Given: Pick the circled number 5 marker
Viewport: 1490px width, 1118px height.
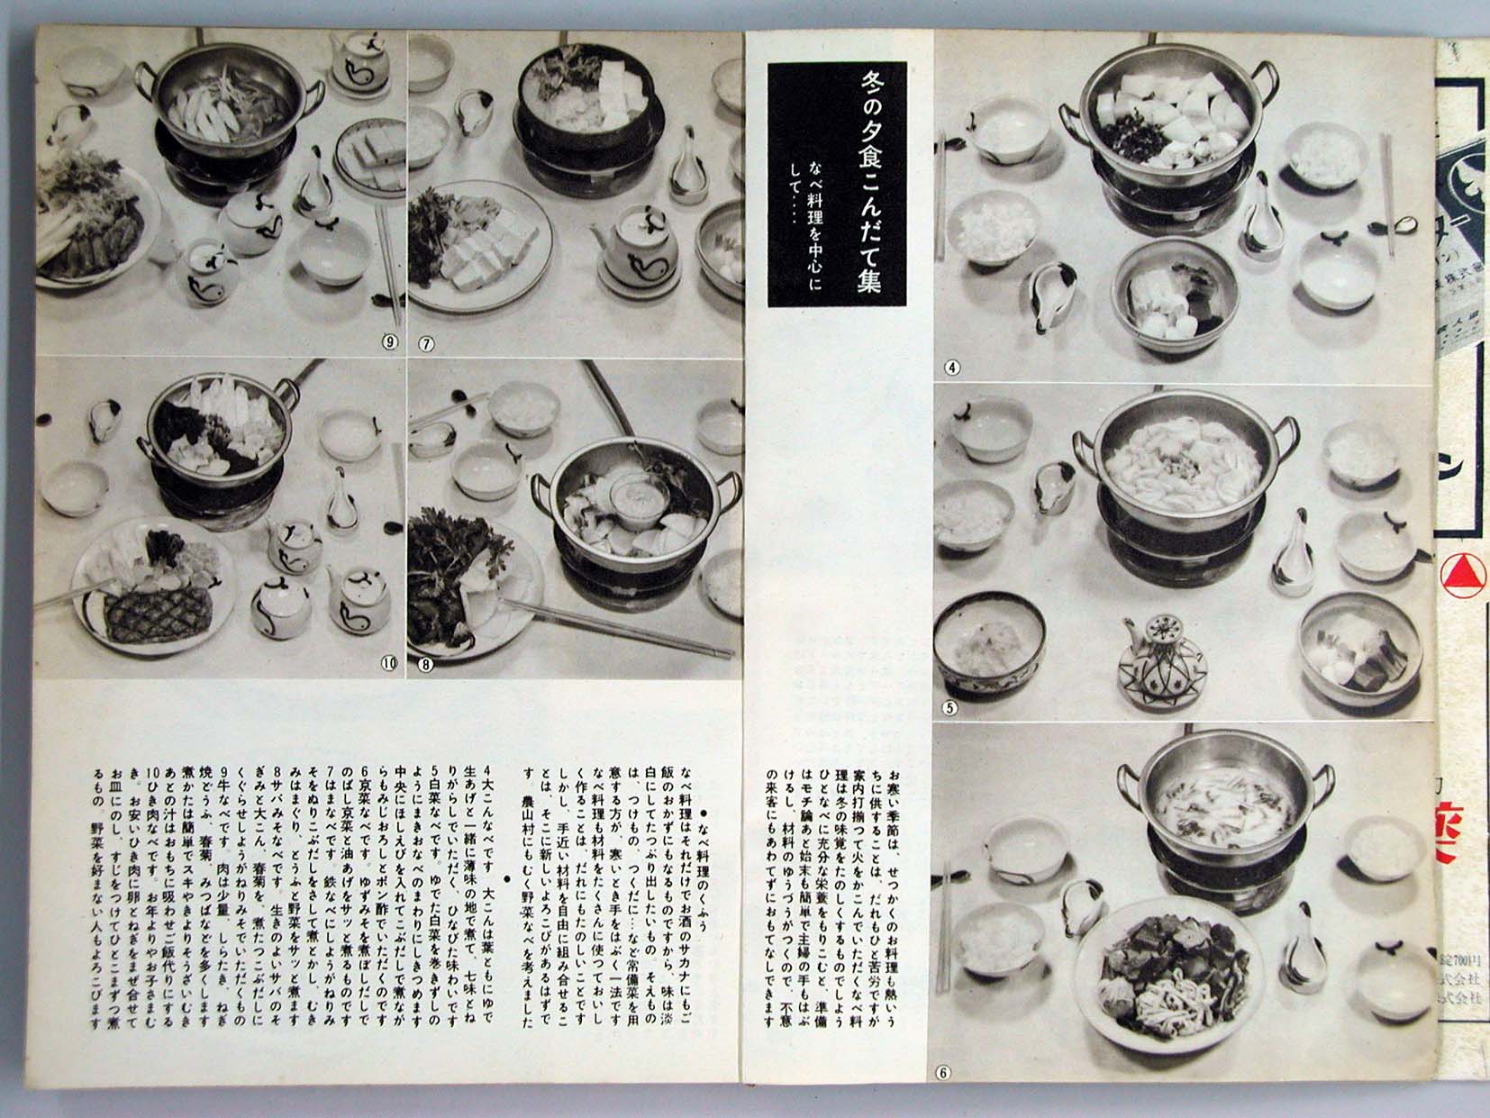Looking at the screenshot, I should [949, 707].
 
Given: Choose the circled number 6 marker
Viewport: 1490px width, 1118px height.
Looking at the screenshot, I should [943, 1072].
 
